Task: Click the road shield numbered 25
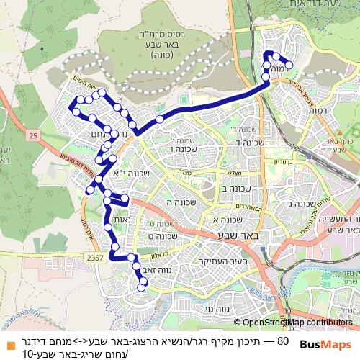pyautogui.click(x=33, y=135)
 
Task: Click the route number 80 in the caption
pyautogui.click(x=282, y=340)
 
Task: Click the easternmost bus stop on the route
pyautogui.click(x=289, y=66)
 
